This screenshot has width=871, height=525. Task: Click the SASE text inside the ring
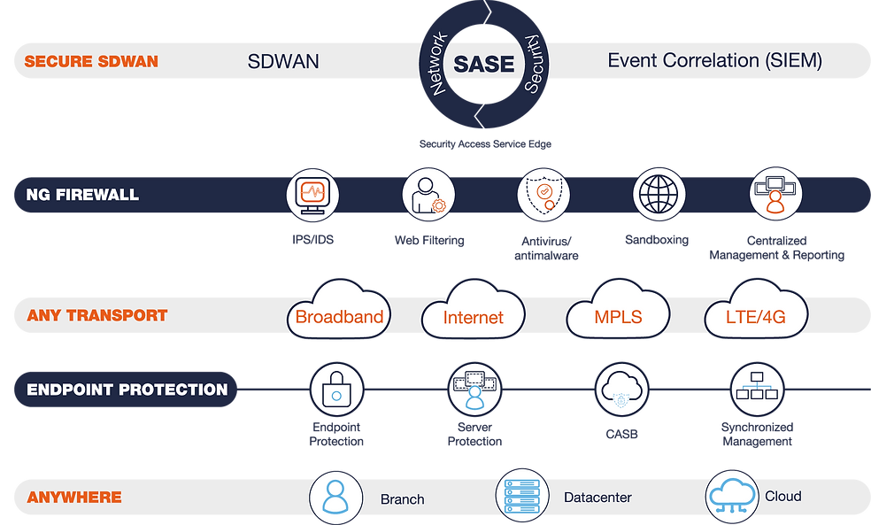coord(484,64)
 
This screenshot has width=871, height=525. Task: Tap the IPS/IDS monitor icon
coord(312,195)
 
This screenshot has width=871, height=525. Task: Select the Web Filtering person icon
coord(428,195)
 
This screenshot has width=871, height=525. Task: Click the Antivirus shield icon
coord(543,195)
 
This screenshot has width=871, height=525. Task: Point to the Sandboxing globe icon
coord(659,195)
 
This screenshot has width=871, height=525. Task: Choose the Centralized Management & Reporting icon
coord(775,194)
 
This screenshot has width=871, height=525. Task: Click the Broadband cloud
coord(339,309)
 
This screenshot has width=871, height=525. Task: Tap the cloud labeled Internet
coord(474,309)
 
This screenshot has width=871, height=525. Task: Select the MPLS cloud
coord(618,309)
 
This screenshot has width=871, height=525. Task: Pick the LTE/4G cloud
coord(756,309)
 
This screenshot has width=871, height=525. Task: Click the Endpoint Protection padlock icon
coord(336,390)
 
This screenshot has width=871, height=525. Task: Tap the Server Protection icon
coord(474,390)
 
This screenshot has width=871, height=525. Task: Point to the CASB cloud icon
coord(621,390)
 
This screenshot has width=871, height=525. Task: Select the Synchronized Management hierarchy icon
coord(757,390)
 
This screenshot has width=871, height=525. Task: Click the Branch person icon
coord(335,498)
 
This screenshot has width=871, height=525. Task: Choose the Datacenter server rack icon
coord(522,496)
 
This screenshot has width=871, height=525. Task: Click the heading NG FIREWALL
coord(82,195)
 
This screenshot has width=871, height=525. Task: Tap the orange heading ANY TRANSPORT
coord(97,315)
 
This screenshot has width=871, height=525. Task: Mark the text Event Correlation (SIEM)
coord(715,60)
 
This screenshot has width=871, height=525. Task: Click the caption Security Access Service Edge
coord(485,144)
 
